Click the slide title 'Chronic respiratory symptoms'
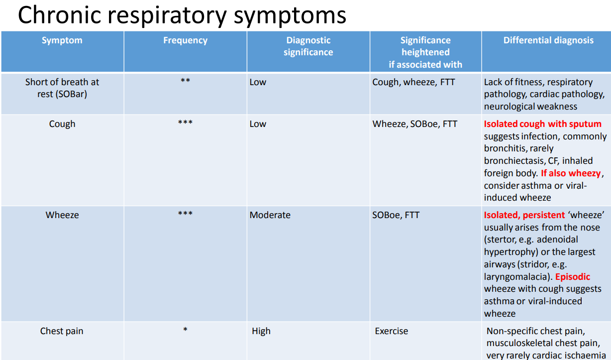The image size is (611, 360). [182, 15]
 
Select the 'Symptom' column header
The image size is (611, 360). [62, 40]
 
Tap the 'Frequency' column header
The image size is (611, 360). [185, 40]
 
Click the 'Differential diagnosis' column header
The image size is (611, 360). [548, 40]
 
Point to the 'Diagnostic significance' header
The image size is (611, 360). [308, 46]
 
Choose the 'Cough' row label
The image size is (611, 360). [62, 124]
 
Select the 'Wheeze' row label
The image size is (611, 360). [62, 215]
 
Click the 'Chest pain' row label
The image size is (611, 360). [62, 331]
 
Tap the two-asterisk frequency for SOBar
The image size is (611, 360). [185, 81]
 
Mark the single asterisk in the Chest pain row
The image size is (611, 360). [185, 330]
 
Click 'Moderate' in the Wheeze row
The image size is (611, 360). [270, 215]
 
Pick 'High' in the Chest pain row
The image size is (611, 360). [261, 331]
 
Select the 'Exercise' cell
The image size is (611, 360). [392, 331]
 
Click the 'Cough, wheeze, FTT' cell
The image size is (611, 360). [413, 82]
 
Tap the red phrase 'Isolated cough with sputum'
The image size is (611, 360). [542, 124]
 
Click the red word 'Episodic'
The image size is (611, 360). [573, 276]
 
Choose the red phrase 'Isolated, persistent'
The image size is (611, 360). [524, 215]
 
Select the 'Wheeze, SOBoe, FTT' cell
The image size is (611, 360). [414, 124]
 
